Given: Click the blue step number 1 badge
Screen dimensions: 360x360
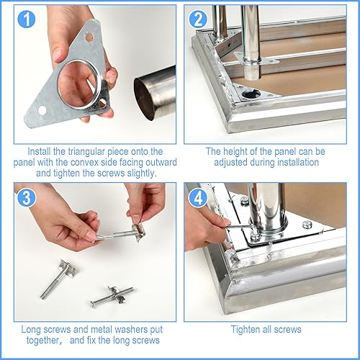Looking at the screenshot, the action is (27, 19).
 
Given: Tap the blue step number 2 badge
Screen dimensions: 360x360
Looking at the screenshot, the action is (198, 19).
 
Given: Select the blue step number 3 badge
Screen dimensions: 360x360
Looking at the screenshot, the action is (27, 197).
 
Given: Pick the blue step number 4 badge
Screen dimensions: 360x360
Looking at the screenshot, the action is (198, 197).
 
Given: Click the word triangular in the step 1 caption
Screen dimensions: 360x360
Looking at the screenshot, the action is (86, 152).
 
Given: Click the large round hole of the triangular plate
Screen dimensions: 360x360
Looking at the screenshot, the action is (78, 84).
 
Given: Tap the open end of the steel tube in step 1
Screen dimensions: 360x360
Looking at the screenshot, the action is (144, 99).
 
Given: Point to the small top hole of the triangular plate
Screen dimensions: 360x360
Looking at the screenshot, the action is (89, 37).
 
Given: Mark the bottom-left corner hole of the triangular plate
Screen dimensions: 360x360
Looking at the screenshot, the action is (42, 110).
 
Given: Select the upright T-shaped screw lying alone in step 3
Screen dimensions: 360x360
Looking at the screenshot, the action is (58, 279).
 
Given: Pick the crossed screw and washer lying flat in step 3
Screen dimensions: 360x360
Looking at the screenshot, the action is (112, 296).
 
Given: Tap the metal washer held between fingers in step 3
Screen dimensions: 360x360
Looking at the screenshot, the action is (138, 231).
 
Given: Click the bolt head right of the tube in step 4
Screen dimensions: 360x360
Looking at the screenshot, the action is (307, 225).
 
